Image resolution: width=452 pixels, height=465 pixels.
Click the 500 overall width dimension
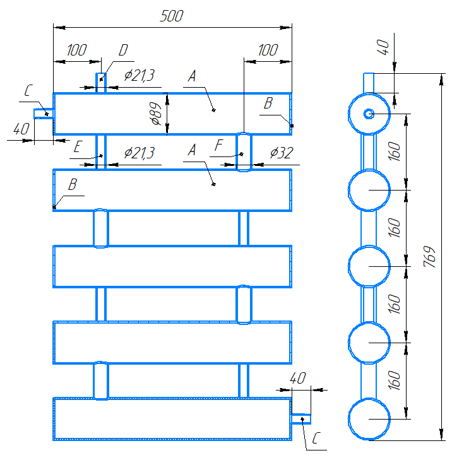click(x=172, y=16)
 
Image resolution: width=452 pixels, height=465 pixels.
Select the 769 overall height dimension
click(x=430, y=257)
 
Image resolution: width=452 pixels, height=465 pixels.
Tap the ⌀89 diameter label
click(x=156, y=114)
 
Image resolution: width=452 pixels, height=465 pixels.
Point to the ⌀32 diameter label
click(x=282, y=153)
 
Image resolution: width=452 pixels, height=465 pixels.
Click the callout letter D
click(x=123, y=50)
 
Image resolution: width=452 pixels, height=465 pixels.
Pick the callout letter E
click(x=78, y=146)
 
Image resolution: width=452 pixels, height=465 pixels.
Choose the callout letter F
click(x=218, y=145)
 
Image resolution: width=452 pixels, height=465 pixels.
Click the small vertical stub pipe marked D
click(x=101, y=83)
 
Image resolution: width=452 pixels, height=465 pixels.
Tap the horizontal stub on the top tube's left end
click(x=44, y=114)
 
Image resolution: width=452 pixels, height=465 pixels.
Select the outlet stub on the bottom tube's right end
click(x=301, y=419)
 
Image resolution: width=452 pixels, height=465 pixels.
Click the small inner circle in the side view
click(x=369, y=114)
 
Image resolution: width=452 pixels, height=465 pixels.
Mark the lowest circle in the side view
click(x=369, y=419)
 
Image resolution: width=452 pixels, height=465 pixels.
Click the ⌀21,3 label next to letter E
click(x=139, y=153)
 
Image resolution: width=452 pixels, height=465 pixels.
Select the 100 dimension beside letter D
click(x=77, y=50)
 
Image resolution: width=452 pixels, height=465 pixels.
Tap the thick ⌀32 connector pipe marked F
click(x=244, y=152)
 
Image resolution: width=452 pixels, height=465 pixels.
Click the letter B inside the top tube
click(x=268, y=103)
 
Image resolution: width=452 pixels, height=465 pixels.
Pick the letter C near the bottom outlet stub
click(x=316, y=438)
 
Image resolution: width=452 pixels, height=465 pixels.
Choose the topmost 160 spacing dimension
click(x=394, y=151)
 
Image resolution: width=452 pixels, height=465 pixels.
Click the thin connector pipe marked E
click(x=101, y=152)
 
